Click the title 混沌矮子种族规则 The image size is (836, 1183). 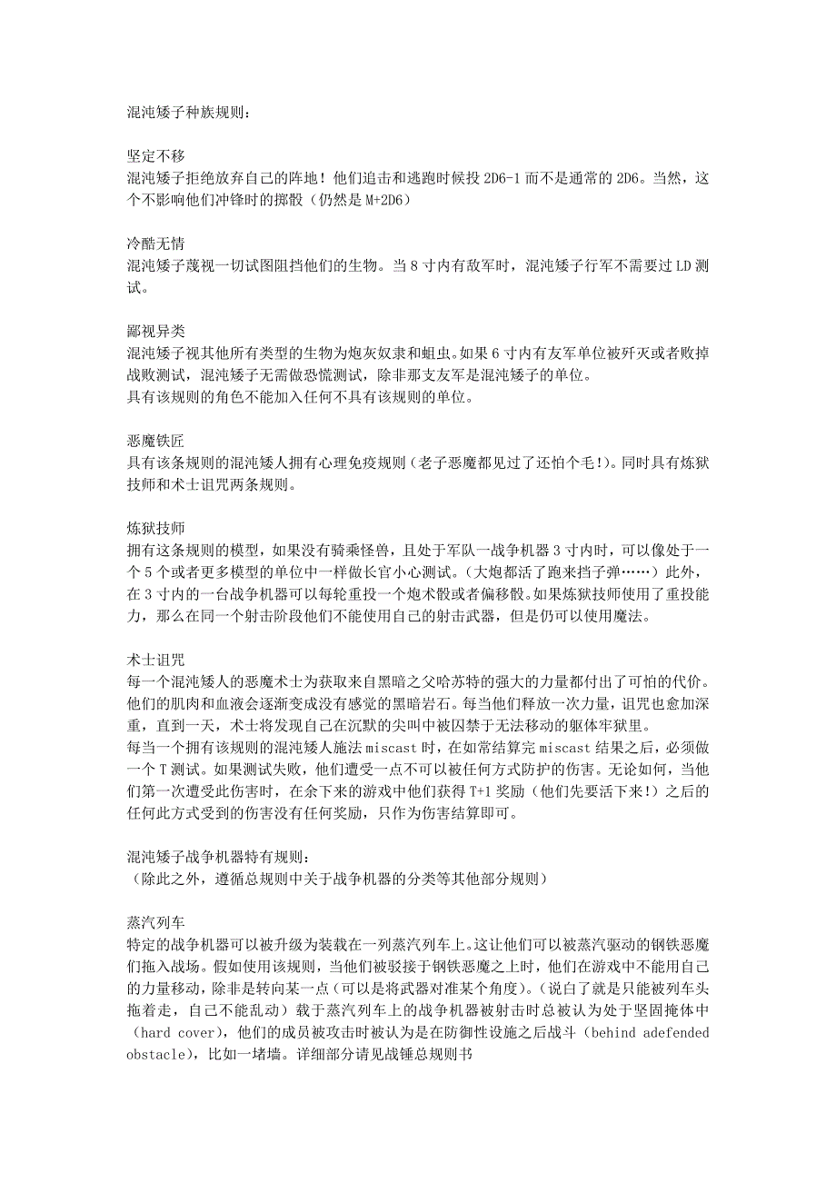tap(186, 114)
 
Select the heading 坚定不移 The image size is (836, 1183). tap(156, 157)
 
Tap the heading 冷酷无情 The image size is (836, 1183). tap(156, 244)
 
